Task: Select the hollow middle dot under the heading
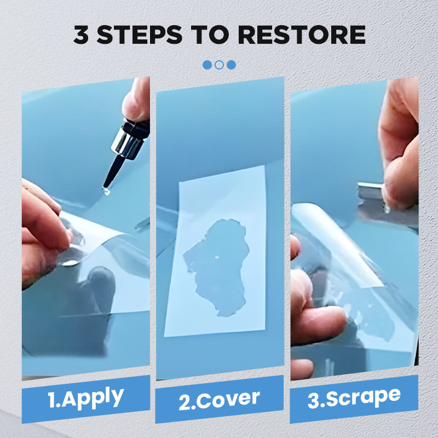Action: click(x=219, y=65)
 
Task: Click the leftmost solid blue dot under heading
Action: click(x=207, y=65)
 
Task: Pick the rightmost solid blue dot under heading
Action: click(x=231, y=65)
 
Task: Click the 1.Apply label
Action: click(x=85, y=397)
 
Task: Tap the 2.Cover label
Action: click(x=219, y=400)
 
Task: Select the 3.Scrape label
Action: click(x=354, y=397)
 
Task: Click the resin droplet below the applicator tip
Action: click(x=106, y=191)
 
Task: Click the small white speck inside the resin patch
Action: click(x=217, y=257)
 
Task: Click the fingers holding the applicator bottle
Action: click(x=137, y=101)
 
